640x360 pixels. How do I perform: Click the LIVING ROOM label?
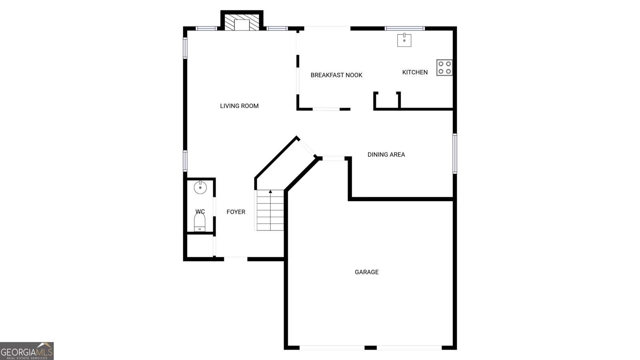point(239,106)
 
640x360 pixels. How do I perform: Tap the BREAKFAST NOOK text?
point(336,75)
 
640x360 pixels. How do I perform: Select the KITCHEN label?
point(415,72)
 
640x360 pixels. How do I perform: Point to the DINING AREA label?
point(386,154)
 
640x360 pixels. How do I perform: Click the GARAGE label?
point(366,272)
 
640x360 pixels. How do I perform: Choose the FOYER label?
point(236,212)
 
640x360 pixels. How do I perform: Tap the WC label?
point(200,212)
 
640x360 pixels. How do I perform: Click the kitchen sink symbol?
point(404,40)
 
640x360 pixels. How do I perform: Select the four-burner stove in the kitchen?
point(444,68)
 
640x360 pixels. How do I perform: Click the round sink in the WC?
point(200,188)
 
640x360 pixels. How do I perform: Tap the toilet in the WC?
point(200,222)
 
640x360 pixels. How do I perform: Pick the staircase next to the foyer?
point(270,210)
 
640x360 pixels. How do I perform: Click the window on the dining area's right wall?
point(454,154)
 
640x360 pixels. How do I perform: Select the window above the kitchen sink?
point(404,28)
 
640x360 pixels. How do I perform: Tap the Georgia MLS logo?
point(27,351)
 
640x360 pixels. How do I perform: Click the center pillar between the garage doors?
point(370,348)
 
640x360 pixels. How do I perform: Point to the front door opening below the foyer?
point(236,259)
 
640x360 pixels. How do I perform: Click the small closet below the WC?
point(200,246)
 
